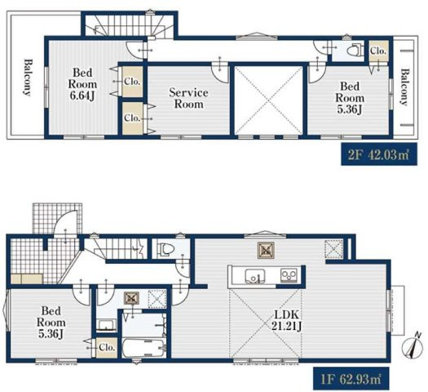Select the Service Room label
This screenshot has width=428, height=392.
point(188,99)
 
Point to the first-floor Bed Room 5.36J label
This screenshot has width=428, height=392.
point(51,321)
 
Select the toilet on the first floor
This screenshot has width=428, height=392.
point(165,248)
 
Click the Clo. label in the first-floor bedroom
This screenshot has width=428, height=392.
point(106,347)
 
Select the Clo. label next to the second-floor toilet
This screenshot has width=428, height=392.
point(377,51)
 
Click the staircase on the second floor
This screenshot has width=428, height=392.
point(118,24)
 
